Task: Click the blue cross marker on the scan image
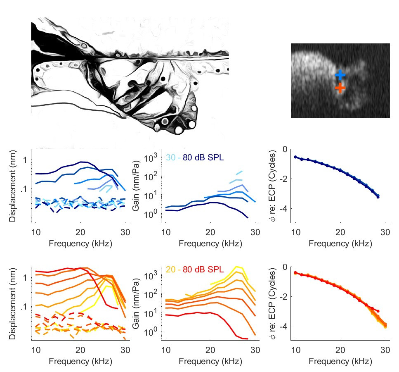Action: point(340,75)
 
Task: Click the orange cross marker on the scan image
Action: point(340,88)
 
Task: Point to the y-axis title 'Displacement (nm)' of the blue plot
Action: point(12,186)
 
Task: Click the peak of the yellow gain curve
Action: point(236,267)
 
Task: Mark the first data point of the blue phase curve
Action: point(295,157)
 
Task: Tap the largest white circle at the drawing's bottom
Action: point(179,130)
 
